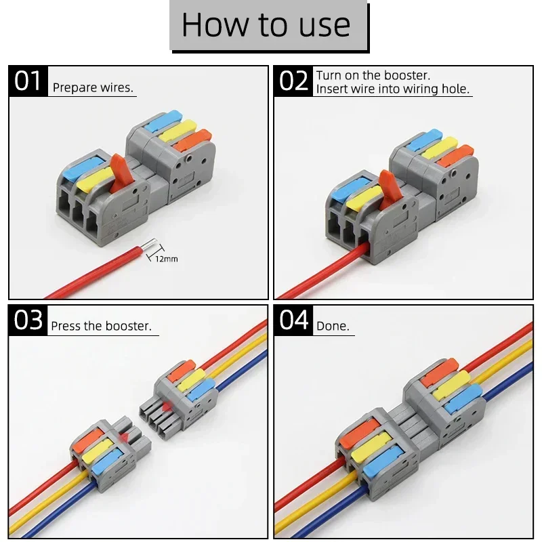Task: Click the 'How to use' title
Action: (266, 25)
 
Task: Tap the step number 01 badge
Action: (28, 81)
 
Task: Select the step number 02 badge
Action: (293, 81)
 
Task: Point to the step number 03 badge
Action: (28, 319)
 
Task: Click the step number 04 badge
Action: (293, 319)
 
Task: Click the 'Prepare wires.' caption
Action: (93, 87)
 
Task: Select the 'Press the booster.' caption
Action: (101, 326)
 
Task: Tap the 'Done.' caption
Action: (333, 326)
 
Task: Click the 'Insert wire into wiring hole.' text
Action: (393, 89)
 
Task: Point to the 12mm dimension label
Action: (166, 259)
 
